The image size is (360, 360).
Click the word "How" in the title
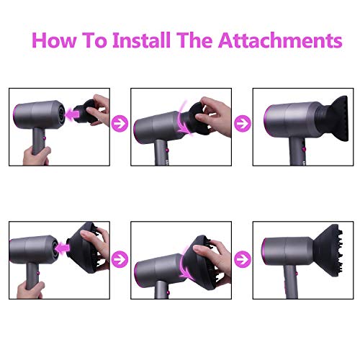[54, 40]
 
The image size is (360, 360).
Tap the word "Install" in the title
[142, 40]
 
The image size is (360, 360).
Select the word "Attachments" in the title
[280, 40]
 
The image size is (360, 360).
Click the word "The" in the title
[194, 40]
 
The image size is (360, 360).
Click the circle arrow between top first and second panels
[120, 123]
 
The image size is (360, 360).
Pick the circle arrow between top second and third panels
[243, 123]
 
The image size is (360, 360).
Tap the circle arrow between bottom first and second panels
[120, 259]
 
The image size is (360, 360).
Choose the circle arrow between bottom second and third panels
[243, 259]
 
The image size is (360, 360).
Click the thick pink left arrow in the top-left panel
[72, 114]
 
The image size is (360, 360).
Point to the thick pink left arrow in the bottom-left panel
[63, 248]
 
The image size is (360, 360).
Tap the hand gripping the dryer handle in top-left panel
[36, 156]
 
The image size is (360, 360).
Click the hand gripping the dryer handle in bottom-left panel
[31, 290]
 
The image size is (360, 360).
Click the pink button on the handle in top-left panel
[45, 138]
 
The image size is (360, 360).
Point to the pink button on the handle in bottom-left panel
[38, 273]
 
